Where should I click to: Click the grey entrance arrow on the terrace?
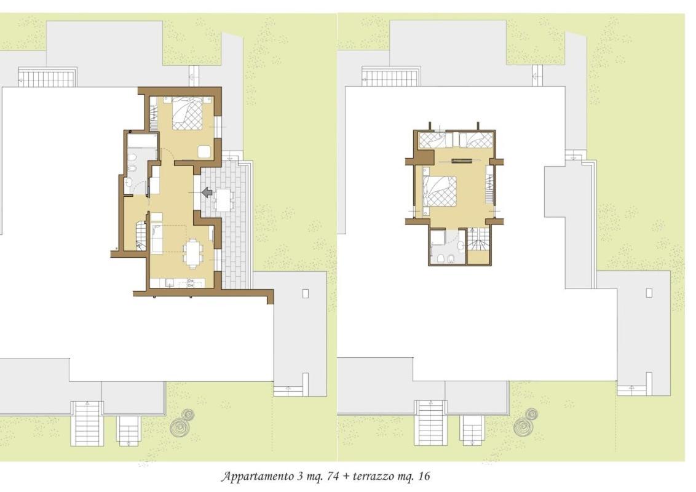[207, 192]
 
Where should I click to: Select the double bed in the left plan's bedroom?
[187, 113]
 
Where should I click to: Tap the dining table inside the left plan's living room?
[192, 253]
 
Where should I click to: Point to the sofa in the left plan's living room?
[157, 238]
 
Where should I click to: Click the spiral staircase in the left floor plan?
[140, 234]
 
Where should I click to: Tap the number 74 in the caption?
[333, 477]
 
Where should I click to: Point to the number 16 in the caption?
[424, 477]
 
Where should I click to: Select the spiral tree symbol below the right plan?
[526, 423]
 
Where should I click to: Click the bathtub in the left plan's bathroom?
[142, 141]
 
